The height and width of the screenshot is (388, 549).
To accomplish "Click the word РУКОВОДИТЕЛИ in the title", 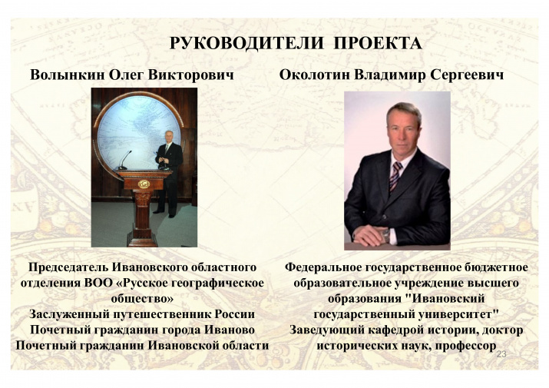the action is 246,44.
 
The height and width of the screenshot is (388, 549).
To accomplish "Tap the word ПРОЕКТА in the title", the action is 378,44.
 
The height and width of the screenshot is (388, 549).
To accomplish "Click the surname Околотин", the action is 313,75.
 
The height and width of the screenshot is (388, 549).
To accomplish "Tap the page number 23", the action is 501,354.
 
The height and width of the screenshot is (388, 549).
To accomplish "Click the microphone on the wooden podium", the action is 124,160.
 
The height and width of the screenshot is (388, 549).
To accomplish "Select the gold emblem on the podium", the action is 144,184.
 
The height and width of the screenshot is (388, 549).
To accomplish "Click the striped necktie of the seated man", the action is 395,176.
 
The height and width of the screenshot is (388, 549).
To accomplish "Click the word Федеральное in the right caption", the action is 323,267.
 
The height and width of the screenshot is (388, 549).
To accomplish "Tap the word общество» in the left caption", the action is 142,299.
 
